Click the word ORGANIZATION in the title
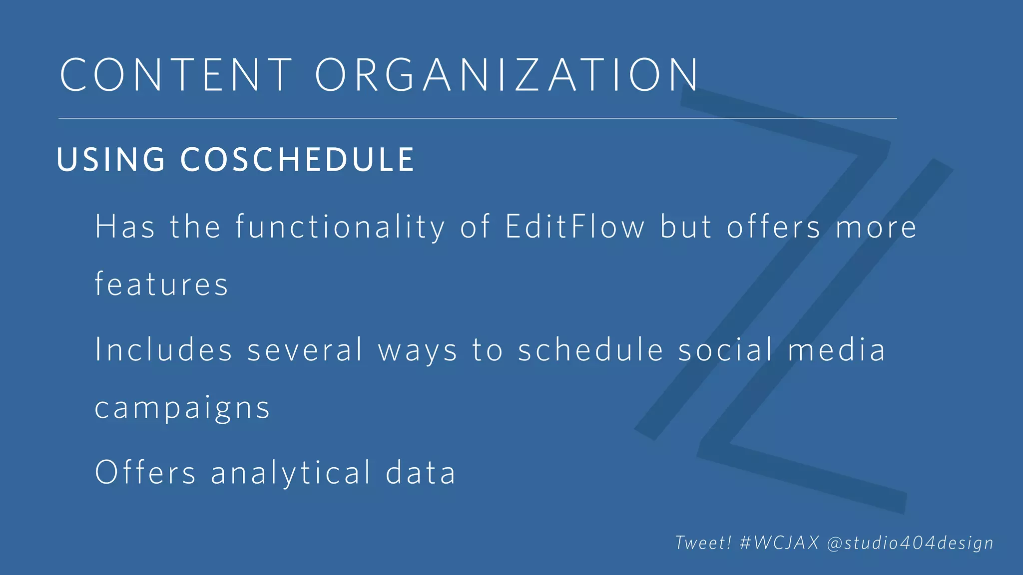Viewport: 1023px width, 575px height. click(x=507, y=75)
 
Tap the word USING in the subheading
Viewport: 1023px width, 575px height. click(x=111, y=160)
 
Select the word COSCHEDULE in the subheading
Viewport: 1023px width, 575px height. click(x=297, y=160)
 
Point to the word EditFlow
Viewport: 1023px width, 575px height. click(x=574, y=227)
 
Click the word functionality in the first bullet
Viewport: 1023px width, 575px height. click(x=340, y=227)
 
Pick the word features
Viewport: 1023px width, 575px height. click(x=161, y=285)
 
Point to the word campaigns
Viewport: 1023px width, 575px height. click(x=182, y=408)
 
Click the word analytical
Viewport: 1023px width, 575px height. click(x=291, y=472)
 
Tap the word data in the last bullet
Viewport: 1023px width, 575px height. click(x=421, y=472)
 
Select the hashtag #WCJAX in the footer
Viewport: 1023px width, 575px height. click(x=779, y=543)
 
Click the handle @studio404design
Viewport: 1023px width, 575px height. click(x=910, y=543)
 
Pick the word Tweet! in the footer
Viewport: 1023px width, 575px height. click(x=703, y=543)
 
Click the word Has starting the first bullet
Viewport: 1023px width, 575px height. click(x=125, y=227)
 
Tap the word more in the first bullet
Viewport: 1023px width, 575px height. click(x=877, y=227)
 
